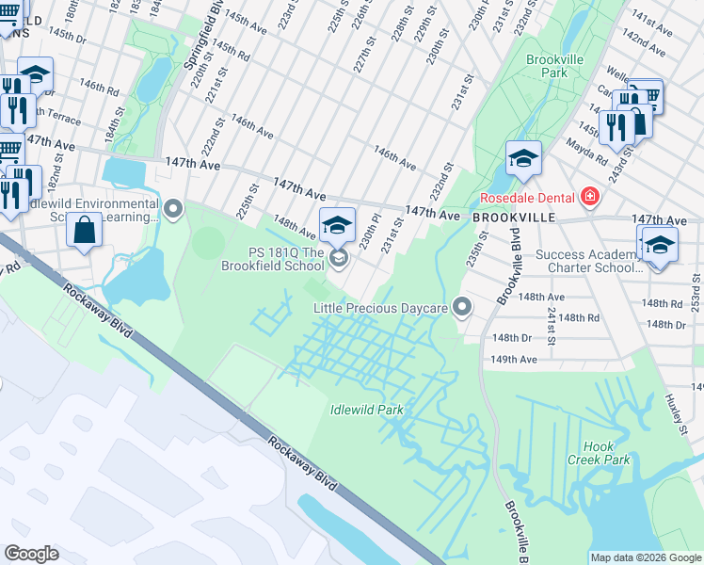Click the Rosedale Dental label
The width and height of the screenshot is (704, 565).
point(526,198)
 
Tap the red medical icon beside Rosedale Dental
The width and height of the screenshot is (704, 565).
point(589,196)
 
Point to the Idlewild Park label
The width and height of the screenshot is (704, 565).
point(367,410)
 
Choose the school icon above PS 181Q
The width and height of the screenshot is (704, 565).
point(337,225)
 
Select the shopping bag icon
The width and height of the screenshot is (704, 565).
point(85,231)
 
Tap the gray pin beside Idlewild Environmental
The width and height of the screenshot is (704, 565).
point(172,208)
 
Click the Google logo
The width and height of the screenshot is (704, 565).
point(32,554)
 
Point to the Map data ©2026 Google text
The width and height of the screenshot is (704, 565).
point(646,557)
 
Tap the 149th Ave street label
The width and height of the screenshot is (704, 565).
point(514,359)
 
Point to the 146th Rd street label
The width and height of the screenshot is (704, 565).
point(99,90)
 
